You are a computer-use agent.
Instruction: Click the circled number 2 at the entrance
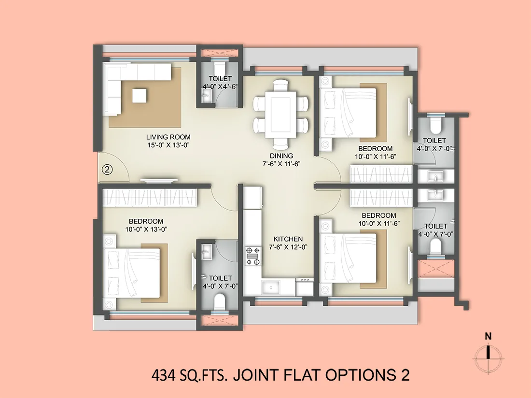tap(107, 170)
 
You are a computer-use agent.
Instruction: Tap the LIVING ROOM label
tap(168, 137)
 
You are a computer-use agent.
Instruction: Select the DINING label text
tap(281, 156)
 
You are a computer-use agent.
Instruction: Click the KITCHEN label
tap(288, 239)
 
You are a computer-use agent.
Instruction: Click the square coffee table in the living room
tap(140, 95)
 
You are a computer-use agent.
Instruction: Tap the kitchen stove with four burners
tap(253, 256)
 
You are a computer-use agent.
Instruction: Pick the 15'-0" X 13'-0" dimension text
tap(168, 145)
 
